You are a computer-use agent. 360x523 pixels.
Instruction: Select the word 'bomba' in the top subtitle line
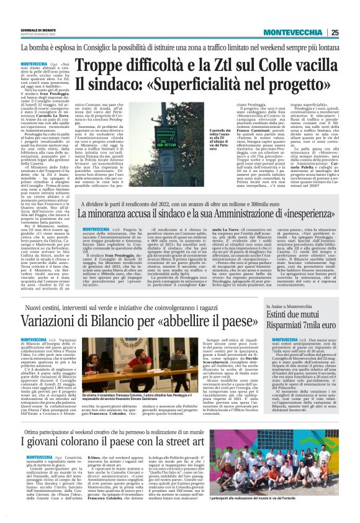(x=36, y=47)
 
